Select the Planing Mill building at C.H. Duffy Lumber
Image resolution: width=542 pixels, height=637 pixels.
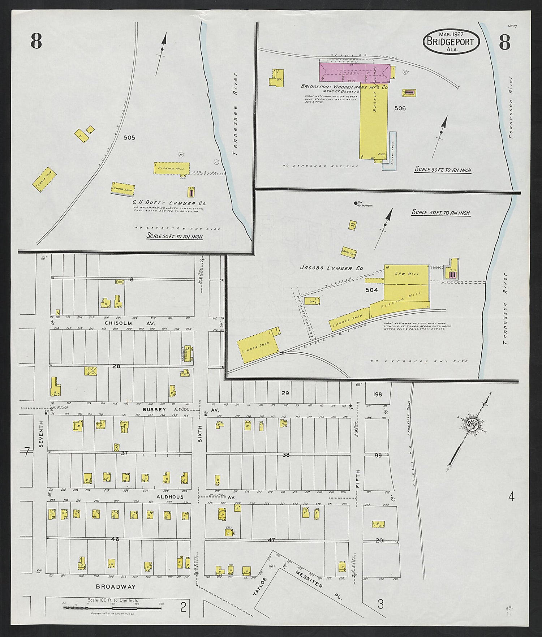point(171,168)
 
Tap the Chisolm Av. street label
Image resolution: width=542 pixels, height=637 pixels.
point(119,322)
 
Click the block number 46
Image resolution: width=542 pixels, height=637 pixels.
point(115,539)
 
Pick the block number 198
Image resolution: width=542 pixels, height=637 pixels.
point(377,394)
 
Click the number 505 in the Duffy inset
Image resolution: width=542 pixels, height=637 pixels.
point(129,138)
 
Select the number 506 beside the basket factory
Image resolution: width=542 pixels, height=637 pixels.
point(400,108)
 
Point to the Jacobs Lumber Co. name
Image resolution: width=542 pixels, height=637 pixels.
point(331,268)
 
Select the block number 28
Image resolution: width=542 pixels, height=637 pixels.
point(116,366)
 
